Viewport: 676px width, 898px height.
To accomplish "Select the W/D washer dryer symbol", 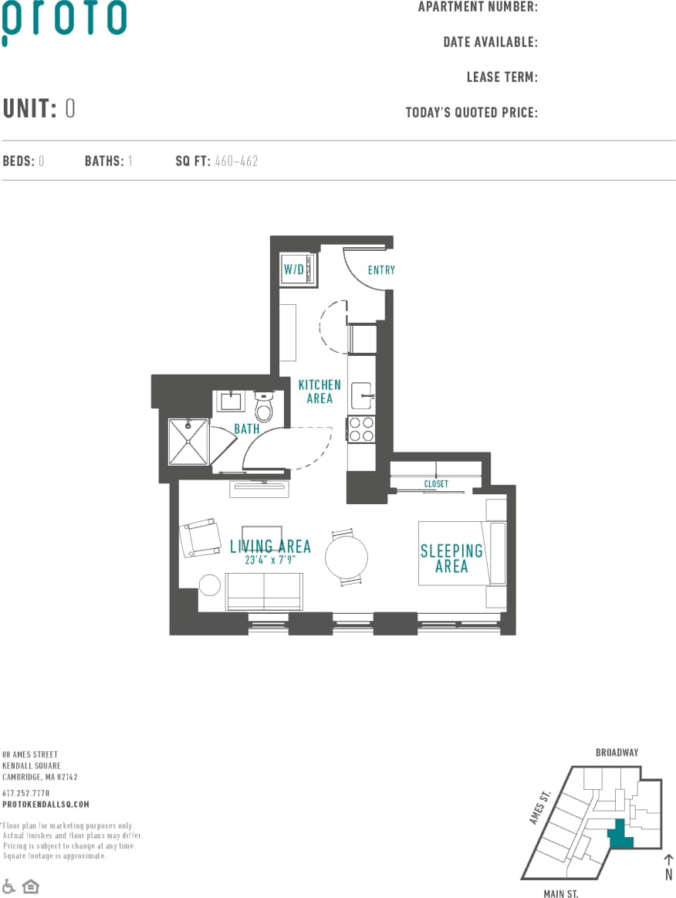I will (x=297, y=269).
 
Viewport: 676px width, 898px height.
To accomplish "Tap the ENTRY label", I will (x=381, y=270).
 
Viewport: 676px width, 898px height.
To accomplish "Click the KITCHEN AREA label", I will (x=319, y=391).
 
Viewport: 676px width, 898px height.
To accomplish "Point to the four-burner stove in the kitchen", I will (x=361, y=429).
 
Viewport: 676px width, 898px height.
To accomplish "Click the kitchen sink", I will (x=361, y=395).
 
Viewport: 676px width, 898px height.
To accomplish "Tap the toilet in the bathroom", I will (x=264, y=406).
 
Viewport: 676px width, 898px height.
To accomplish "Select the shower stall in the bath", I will (x=188, y=442).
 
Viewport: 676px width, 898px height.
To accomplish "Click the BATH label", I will (x=247, y=429).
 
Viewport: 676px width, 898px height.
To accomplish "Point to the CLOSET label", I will (x=436, y=484).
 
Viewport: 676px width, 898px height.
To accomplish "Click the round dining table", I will (x=346, y=557).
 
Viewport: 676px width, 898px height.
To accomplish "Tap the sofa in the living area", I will (x=264, y=591).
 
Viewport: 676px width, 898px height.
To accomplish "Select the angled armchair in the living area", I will (x=201, y=537).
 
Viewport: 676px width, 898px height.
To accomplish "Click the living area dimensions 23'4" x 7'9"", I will (x=271, y=561).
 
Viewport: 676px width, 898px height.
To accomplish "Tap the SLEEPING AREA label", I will (x=451, y=558).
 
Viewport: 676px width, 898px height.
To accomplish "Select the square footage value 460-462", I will (x=237, y=161).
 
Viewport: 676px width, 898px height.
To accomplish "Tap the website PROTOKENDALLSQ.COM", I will (x=46, y=804).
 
